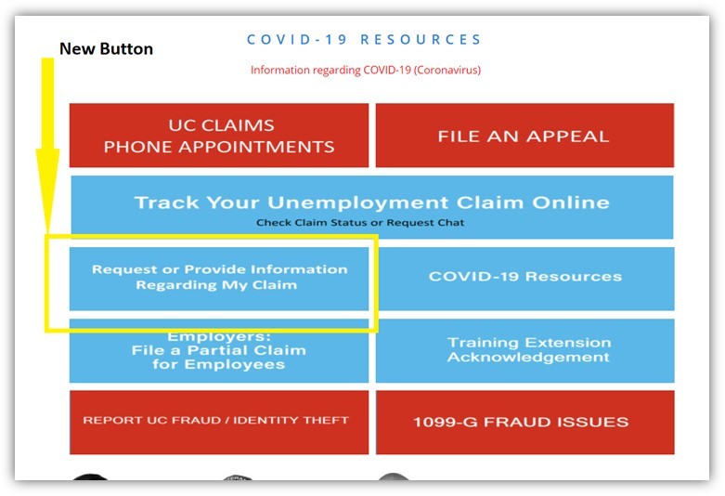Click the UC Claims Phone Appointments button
point(219,135)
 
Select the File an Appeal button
point(524,135)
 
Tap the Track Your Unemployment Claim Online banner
point(372,207)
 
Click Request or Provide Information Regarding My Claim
point(219,279)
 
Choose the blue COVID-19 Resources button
point(525,279)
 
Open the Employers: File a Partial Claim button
point(219,351)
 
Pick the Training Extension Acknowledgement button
point(525,351)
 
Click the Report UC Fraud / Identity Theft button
point(219,422)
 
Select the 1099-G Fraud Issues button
point(525,422)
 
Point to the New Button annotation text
point(107,48)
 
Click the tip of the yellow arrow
point(47,234)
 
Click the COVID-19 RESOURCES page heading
point(364,39)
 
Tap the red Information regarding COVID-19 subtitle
point(366,70)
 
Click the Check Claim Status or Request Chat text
point(360,223)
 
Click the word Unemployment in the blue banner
point(358,202)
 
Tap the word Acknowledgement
point(528,358)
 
